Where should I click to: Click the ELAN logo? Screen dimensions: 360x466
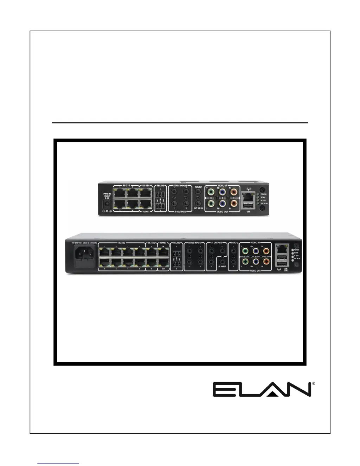point(262,390)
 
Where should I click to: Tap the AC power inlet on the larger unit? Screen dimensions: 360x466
point(85,253)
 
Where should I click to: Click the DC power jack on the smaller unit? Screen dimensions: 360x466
point(106,203)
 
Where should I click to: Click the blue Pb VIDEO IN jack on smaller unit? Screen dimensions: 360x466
point(222,192)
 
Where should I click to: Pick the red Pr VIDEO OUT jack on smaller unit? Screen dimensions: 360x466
point(233,203)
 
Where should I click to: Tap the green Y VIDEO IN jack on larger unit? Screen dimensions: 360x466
point(245,251)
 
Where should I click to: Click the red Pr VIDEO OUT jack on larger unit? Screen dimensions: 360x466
point(266,262)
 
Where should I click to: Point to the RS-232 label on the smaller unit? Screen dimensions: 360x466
point(126,185)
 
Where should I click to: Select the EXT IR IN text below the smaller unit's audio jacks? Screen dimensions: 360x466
point(198,209)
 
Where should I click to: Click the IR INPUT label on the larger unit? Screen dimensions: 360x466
point(222,267)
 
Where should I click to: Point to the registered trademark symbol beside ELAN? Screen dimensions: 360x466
point(313,384)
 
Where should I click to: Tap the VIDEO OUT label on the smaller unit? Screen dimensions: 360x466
point(222,212)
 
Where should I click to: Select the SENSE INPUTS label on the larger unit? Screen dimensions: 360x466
point(194,243)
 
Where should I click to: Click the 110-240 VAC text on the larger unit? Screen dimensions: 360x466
point(84,243)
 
